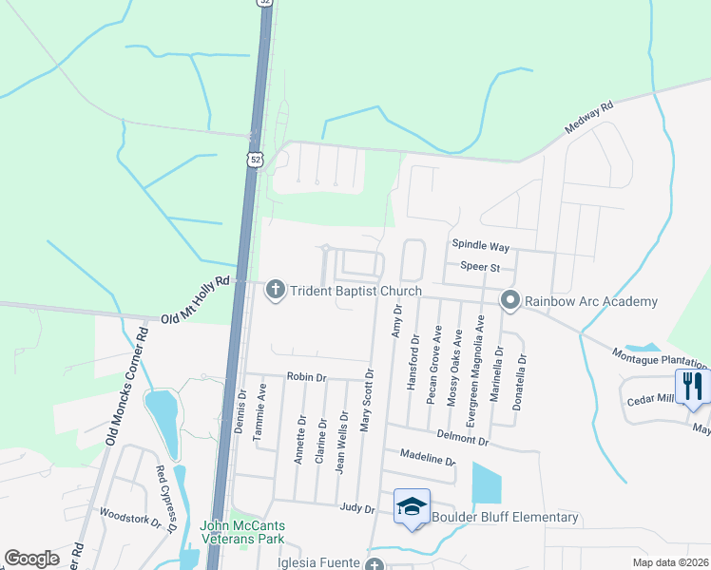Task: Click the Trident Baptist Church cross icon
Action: click(x=276, y=291)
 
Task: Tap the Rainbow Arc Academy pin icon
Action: click(x=510, y=301)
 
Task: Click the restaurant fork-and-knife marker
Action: click(x=692, y=386)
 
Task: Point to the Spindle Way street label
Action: click(x=480, y=246)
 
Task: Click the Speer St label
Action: click(x=480, y=268)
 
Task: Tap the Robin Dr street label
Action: click(x=306, y=377)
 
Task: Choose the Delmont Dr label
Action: click(x=463, y=439)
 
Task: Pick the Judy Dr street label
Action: click(x=357, y=508)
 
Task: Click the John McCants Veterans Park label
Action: click(x=242, y=532)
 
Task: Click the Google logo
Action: click(x=31, y=559)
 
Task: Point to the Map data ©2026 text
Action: click(x=669, y=562)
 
